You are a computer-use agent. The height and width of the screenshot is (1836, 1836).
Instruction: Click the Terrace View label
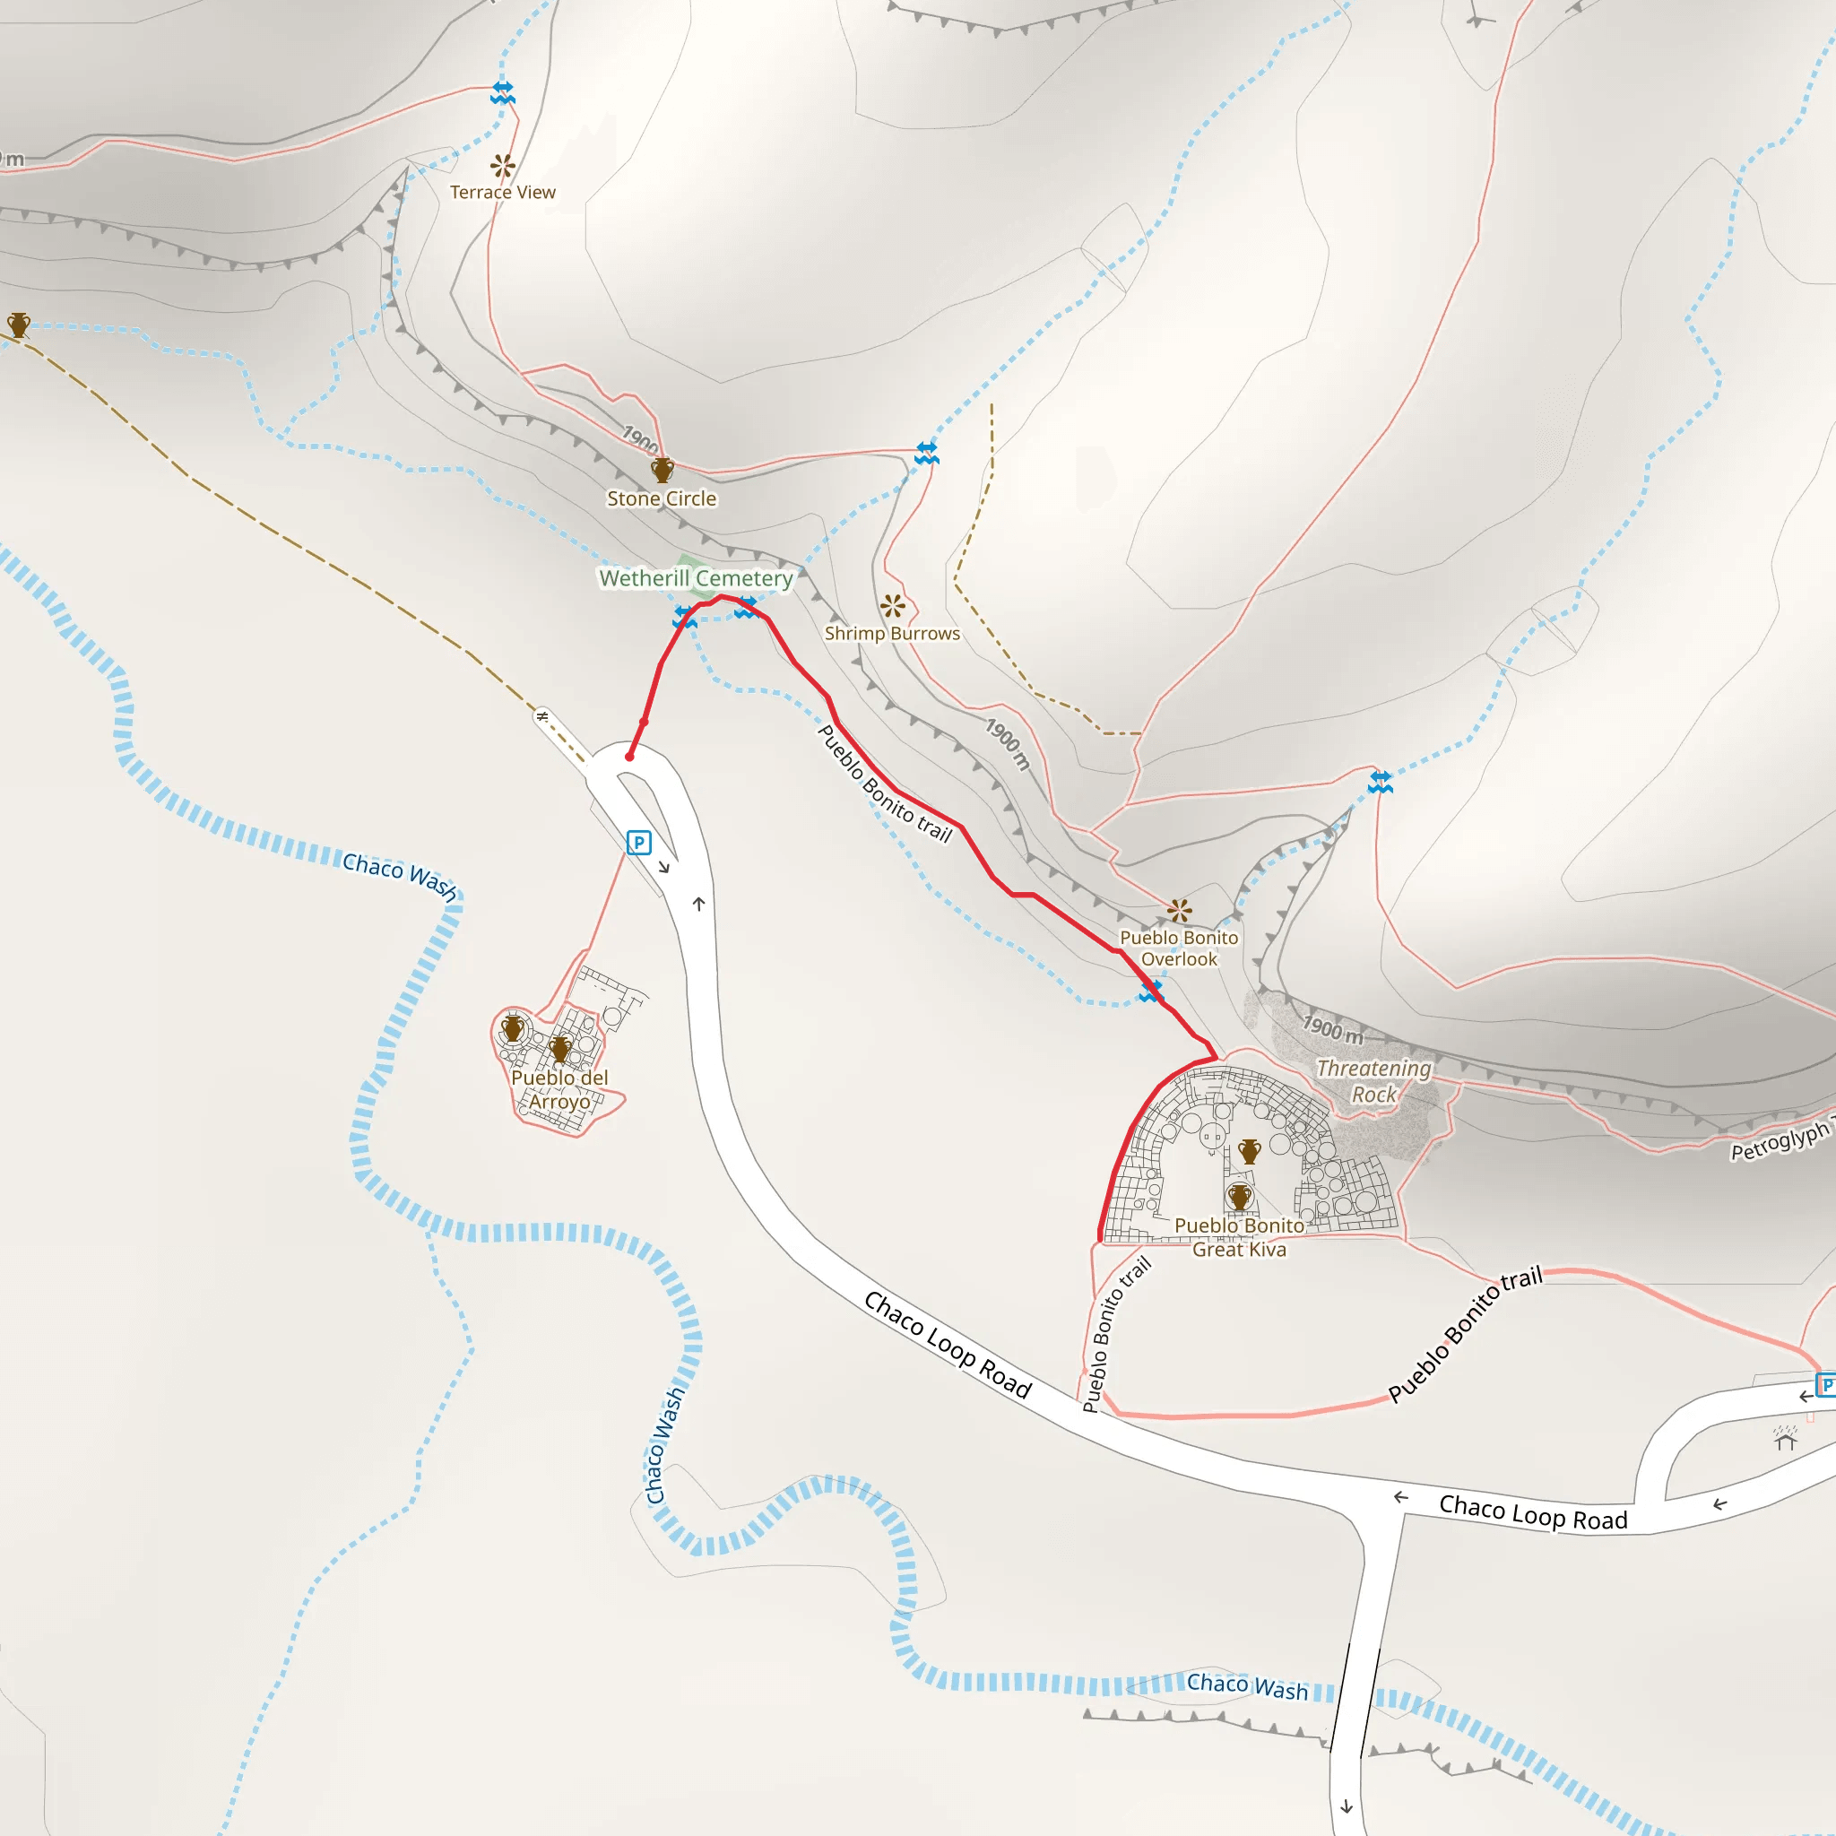point(503,192)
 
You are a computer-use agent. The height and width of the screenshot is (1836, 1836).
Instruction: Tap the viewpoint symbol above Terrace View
point(503,167)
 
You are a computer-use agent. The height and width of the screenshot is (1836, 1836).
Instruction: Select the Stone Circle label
point(662,499)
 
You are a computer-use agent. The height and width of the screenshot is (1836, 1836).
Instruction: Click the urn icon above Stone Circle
point(663,470)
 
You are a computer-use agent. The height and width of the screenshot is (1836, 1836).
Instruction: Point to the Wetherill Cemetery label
point(696,578)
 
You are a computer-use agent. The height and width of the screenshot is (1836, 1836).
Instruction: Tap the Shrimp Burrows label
point(891,633)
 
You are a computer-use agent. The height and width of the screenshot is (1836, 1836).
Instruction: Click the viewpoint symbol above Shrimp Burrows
point(892,605)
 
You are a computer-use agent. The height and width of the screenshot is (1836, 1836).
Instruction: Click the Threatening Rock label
point(1373,1080)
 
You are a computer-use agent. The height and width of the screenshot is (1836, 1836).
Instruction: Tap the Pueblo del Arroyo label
point(559,1089)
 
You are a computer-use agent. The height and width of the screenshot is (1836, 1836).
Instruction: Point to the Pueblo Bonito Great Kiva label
point(1239,1237)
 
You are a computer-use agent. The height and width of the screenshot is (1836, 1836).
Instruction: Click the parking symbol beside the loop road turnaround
point(638,842)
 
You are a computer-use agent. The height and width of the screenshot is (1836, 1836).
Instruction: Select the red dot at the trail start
point(629,757)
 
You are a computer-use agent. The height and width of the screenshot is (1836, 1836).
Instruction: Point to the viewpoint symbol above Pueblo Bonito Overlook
point(1180,911)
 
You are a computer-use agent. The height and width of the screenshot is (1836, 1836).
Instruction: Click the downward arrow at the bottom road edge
point(1347,1806)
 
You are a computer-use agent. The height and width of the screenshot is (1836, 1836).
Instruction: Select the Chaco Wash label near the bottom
point(1247,1687)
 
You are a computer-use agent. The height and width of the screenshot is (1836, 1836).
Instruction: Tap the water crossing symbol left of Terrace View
point(503,92)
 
